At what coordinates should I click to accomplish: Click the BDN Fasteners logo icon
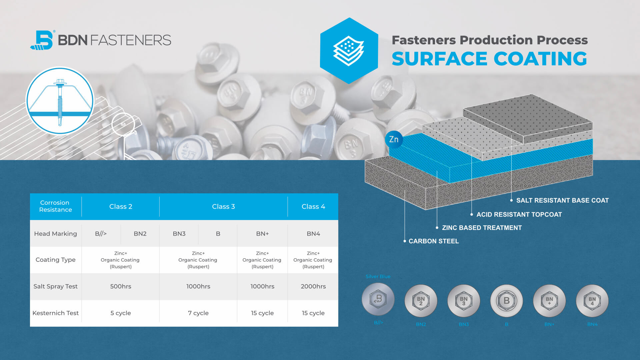42,40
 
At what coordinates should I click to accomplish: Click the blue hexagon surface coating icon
349,51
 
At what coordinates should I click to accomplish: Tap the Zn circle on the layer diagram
394,139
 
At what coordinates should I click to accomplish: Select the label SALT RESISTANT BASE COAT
562,200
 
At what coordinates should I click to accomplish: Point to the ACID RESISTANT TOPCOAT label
519,215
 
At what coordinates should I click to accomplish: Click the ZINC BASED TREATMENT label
482,228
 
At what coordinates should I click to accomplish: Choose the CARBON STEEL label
434,241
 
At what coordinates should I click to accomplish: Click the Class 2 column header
121,207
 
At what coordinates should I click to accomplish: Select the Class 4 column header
313,207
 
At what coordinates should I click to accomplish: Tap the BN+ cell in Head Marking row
262,234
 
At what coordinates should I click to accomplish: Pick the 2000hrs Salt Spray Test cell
313,286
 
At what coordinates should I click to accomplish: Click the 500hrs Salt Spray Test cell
121,286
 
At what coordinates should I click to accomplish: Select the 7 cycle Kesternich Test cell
198,313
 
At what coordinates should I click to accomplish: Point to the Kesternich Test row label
56,313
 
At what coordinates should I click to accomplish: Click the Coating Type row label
56,260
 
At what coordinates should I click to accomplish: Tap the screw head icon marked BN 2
421,301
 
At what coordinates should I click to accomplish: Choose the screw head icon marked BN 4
592,301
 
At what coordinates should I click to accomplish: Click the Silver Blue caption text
378,276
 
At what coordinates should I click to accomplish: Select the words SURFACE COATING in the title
489,59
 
